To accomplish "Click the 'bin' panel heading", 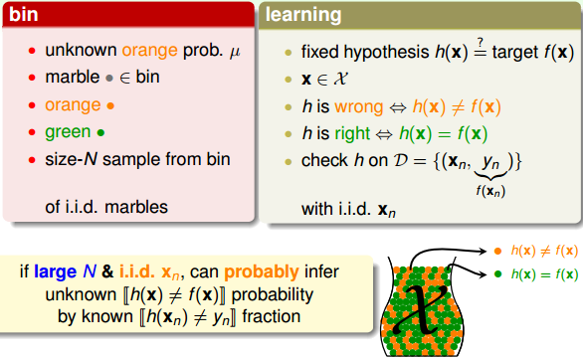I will [x=23, y=16].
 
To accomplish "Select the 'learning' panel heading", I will [x=304, y=16].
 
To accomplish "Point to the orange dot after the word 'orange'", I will [x=108, y=104].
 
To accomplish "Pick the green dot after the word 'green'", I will [x=101, y=131].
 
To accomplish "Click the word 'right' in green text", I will [x=353, y=131].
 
